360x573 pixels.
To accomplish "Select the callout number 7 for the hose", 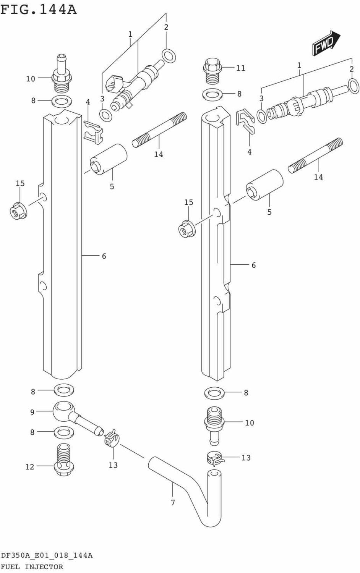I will pos(173,503).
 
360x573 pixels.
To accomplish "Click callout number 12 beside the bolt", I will pos(30,466).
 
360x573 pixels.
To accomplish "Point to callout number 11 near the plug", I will pos(240,68).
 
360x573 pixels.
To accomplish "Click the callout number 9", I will pos(32,412).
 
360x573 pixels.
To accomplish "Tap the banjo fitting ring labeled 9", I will pos(63,411).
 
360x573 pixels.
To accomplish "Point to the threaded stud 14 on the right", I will pos(315,157).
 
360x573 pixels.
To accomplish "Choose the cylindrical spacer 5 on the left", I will pos(108,159).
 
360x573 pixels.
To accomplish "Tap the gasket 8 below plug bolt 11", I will pos(212,94).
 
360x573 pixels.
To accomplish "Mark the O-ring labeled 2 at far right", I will pos(354,86).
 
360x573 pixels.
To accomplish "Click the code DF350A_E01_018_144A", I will pos(47,555).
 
